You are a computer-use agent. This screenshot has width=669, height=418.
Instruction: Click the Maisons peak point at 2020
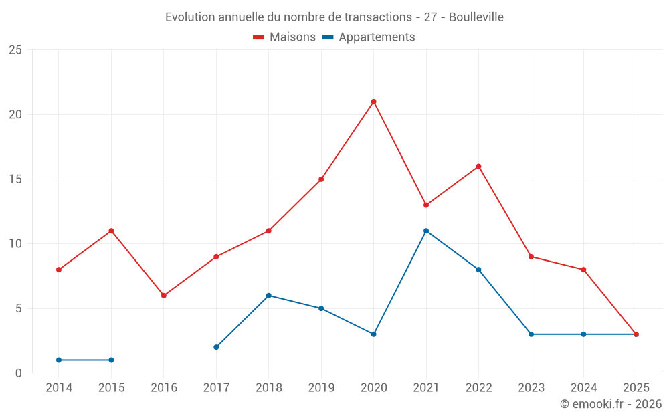[x=373, y=102]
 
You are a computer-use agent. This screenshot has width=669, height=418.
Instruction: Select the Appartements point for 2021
[x=426, y=231]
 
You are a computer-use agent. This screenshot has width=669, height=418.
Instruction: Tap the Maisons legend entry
[x=284, y=37]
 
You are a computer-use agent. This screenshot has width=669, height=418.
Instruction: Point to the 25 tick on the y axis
[x=15, y=50]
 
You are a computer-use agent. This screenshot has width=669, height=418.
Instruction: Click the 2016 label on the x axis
[x=164, y=388]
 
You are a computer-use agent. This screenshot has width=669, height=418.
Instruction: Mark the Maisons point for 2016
[x=164, y=296]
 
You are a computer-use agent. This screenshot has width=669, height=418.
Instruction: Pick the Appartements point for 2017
[x=216, y=347]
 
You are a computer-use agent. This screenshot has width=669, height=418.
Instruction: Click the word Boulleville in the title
[x=476, y=17]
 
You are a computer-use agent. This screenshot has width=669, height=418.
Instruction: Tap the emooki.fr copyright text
[x=610, y=404]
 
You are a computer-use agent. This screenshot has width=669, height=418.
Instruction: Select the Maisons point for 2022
[x=478, y=167]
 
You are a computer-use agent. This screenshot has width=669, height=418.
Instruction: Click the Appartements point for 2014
[x=59, y=360]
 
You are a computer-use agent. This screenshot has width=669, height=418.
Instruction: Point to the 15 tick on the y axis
[x=15, y=179]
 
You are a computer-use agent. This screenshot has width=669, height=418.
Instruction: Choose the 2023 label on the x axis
[x=531, y=388]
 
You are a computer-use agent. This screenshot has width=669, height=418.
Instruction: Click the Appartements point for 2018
[x=268, y=296]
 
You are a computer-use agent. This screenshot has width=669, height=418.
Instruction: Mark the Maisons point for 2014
[x=59, y=270]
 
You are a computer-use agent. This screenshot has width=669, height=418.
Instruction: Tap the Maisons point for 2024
[x=583, y=270]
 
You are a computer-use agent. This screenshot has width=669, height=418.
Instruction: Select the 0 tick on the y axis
[x=19, y=373]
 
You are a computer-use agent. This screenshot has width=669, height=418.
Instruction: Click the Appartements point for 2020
[x=373, y=334]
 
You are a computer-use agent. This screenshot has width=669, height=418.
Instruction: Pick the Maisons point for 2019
[x=321, y=179]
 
